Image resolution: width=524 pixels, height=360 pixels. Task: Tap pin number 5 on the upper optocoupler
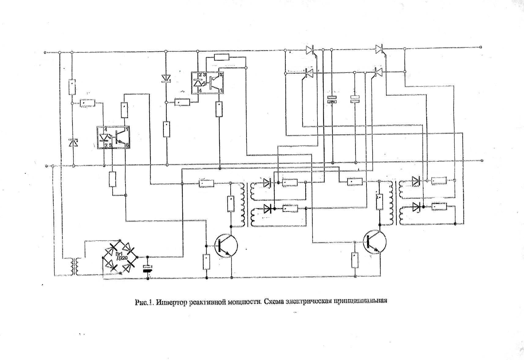click(221, 74)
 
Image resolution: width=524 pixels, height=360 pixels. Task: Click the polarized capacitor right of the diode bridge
click(148, 268)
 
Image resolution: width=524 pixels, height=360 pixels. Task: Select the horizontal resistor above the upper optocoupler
click(221, 57)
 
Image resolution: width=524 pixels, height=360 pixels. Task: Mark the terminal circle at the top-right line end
click(481, 47)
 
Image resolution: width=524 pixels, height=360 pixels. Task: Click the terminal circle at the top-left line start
click(45, 53)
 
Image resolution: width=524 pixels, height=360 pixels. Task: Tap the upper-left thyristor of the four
click(310, 49)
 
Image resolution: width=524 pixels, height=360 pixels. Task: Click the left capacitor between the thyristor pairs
click(332, 99)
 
